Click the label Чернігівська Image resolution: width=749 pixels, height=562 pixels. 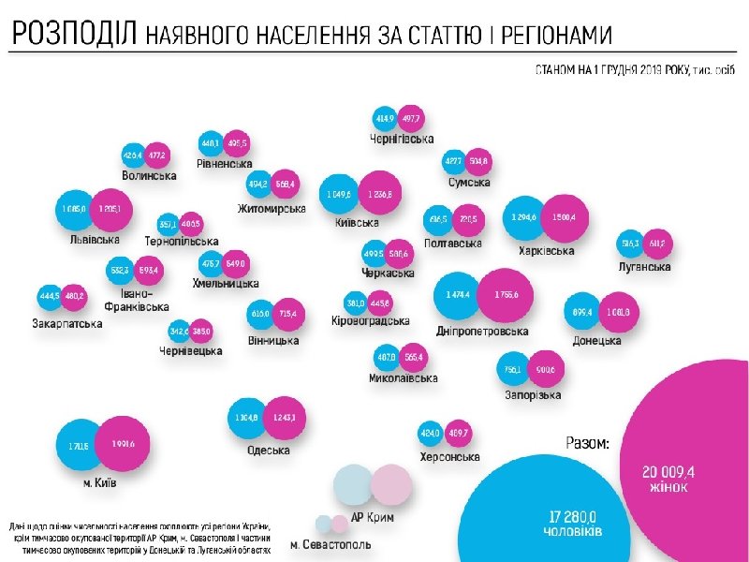(402, 139)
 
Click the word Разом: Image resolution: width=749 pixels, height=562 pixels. (588, 443)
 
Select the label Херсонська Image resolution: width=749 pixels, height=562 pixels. (449, 457)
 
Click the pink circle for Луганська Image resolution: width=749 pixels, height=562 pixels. (658, 244)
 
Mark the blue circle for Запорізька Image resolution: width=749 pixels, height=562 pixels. (514, 369)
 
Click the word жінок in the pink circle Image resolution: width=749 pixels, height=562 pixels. (669, 487)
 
